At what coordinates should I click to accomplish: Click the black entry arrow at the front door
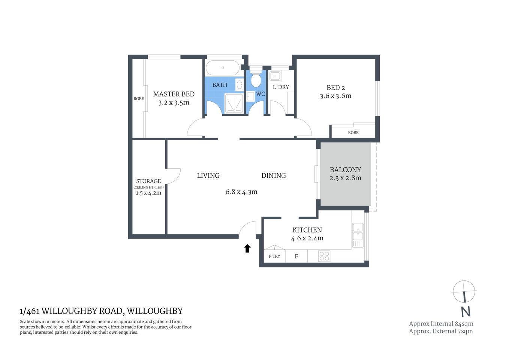click(247, 248)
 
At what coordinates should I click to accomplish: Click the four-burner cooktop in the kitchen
click(324, 256)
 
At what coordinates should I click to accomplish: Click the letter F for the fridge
click(296, 256)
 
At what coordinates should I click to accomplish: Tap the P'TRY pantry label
click(274, 256)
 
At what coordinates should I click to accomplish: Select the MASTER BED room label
click(174, 94)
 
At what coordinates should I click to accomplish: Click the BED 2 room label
click(335, 88)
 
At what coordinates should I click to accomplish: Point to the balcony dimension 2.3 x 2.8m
click(345, 178)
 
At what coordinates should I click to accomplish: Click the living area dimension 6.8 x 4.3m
click(241, 192)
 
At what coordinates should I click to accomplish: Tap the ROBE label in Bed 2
click(353, 132)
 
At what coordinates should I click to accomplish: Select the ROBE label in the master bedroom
click(139, 99)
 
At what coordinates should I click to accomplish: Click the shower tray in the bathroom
click(234, 102)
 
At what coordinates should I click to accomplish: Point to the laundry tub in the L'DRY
click(275, 76)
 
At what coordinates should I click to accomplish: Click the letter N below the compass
click(465, 312)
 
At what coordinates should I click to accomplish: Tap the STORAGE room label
click(148, 181)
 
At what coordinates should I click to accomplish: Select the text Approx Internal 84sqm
click(441, 324)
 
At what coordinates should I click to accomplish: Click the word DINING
click(273, 175)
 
